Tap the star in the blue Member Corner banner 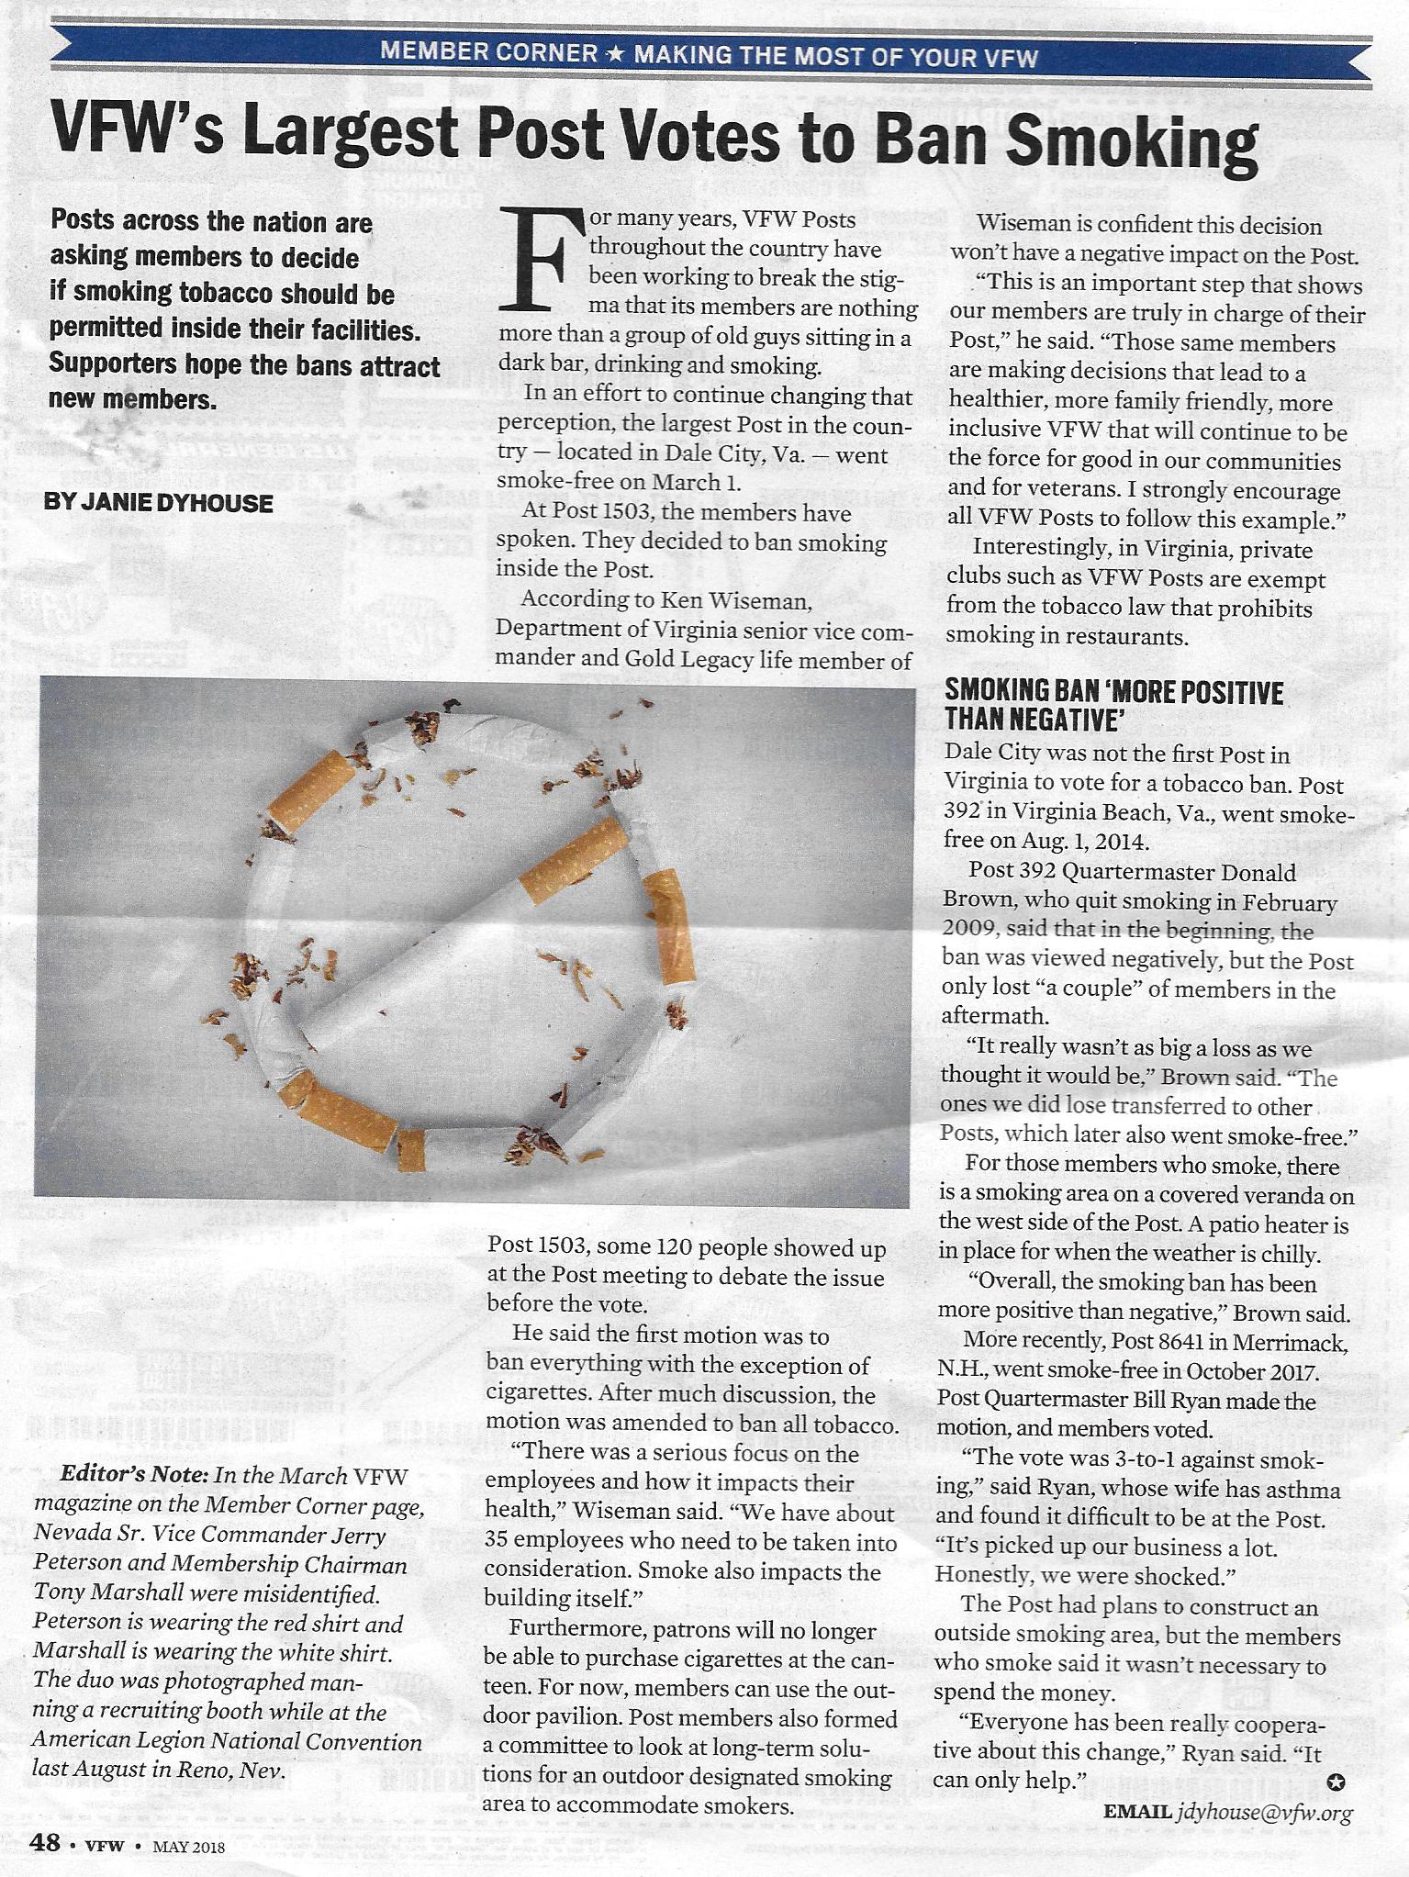[x=615, y=54]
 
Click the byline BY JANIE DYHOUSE [x=158, y=503]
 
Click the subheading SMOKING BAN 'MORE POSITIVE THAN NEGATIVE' [x=1113, y=705]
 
